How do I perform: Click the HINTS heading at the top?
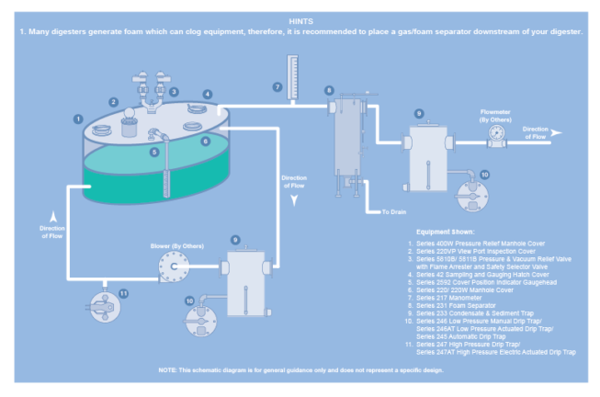pyautogui.click(x=300, y=19)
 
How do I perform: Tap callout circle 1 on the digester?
pyautogui.click(x=79, y=119)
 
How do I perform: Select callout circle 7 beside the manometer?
pyautogui.click(x=277, y=87)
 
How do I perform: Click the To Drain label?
pyautogui.click(x=394, y=212)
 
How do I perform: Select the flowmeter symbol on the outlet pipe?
pyautogui.click(x=497, y=134)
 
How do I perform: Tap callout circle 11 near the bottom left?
pyautogui.click(x=123, y=293)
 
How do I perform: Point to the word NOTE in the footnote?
pyautogui.click(x=169, y=369)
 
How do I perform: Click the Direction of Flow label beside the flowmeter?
pyautogui.click(x=536, y=132)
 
